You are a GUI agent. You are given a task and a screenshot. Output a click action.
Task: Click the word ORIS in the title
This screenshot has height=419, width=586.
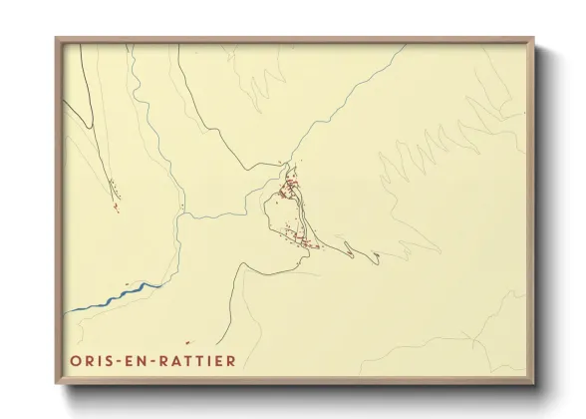93,360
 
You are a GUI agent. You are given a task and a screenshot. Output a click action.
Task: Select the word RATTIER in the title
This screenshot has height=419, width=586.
198,360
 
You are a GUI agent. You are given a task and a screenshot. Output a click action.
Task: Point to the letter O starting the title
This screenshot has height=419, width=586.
76,360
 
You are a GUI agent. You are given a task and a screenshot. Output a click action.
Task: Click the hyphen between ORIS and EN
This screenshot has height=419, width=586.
119,360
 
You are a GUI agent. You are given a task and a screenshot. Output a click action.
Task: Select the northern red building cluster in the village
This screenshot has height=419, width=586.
290,186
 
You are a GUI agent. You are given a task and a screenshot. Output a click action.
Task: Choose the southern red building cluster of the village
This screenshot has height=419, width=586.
299,239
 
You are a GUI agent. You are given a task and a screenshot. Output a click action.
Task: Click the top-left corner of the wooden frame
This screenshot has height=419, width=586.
57,40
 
